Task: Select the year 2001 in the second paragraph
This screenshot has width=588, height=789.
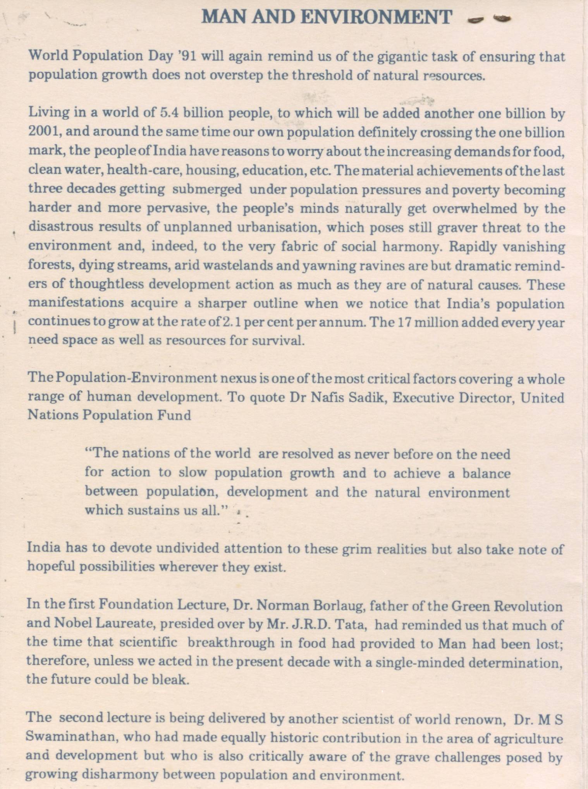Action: click(43, 132)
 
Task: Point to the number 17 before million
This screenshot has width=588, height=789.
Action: click(402, 322)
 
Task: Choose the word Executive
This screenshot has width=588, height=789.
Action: click(423, 398)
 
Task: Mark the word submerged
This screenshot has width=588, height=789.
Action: click(207, 190)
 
